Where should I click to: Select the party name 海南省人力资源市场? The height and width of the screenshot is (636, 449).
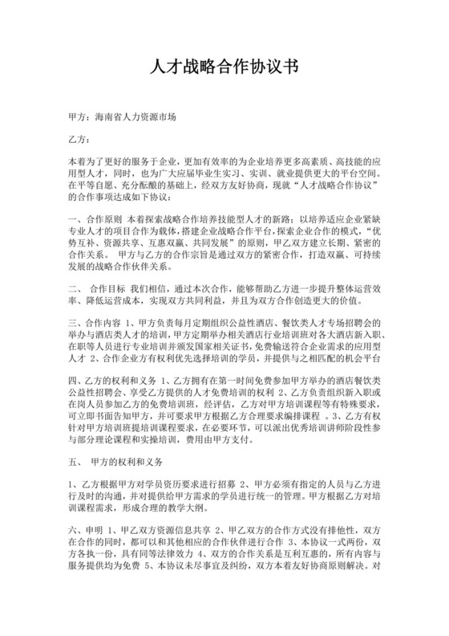pos(134,116)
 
